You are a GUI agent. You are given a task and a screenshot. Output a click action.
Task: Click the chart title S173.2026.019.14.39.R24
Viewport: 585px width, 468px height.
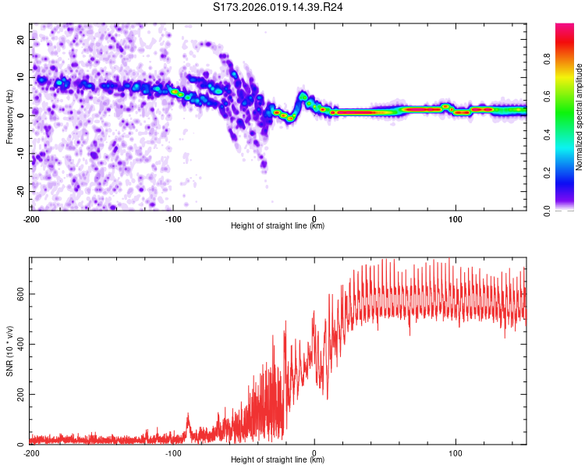pyautogui.click(x=278, y=7)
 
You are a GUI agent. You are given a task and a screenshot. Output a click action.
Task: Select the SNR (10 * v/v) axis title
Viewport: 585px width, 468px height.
pyautogui.click(x=9, y=351)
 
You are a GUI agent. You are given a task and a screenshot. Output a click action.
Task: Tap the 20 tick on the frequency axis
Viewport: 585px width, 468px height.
pyautogui.click(x=21, y=38)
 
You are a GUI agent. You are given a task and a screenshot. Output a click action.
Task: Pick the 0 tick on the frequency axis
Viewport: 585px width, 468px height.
pyautogui.click(x=23, y=115)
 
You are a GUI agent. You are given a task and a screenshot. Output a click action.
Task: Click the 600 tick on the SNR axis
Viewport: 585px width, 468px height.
pyautogui.click(x=18, y=293)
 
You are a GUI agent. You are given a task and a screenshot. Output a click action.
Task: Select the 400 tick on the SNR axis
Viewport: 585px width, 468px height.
pyautogui.click(x=18, y=344)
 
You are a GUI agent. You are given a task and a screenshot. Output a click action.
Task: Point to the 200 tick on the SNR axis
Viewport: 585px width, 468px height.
pyautogui.click(x=18, y=395)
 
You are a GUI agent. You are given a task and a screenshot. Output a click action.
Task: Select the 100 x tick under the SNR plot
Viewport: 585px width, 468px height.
pyautogui.click(x=456, y=453)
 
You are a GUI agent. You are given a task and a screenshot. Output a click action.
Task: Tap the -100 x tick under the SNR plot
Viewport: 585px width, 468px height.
pyautogui.click(x=172, y=453)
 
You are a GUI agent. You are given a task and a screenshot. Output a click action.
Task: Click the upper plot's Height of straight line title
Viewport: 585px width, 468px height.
pyautogui.click(x=278, y=226)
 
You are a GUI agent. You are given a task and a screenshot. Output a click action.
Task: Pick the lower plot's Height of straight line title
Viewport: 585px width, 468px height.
pyautogui.click(x=278, y=460)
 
